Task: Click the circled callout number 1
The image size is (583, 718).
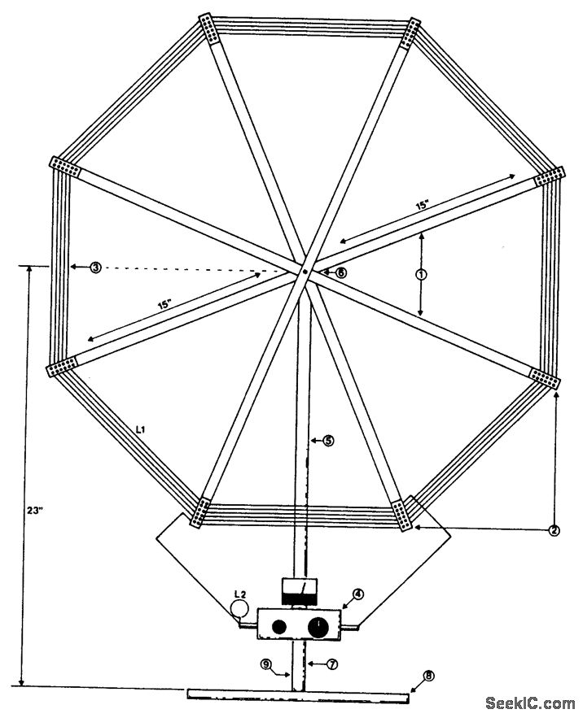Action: coord(421,275)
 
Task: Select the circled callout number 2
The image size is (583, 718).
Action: coord(554,531)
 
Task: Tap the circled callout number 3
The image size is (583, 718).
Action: coord(96,267)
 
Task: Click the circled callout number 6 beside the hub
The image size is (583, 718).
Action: coord(340,272)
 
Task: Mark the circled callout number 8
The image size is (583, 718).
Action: coord(429,676)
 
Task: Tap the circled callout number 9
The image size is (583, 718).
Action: coord(266,664)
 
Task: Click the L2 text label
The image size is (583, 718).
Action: coord(239,593)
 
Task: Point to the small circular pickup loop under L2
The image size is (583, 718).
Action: coord(238,608)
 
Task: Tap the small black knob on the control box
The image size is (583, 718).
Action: coord(279,627)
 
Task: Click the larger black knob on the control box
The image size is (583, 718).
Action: coord(318,626)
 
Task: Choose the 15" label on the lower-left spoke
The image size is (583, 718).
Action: coord(165,305)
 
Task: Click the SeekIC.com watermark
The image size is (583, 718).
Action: coord(530,703)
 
